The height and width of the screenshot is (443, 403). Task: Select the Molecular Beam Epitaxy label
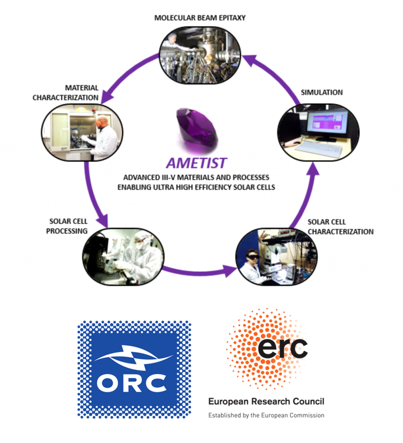(200, 18)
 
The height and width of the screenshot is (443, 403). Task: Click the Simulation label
(322, 92)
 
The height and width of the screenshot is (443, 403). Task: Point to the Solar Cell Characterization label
(340, 227)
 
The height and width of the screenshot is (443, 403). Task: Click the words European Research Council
(266, 402)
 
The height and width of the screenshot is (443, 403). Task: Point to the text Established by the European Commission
(266, 415)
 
